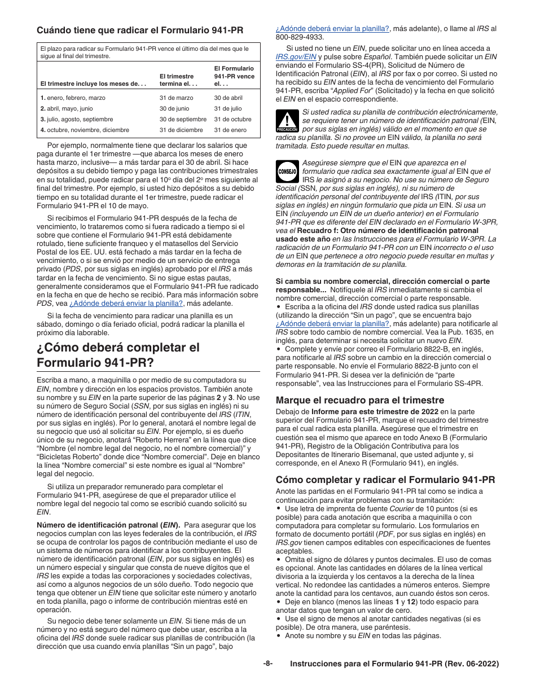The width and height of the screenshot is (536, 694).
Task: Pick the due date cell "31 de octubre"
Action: [x=232, y=119]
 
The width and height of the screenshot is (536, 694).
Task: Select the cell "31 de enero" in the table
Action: [x=230, y=130]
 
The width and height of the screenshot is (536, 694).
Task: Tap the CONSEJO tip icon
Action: [x=287, y=171]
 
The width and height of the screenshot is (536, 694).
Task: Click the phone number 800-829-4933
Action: [x=300, y=37]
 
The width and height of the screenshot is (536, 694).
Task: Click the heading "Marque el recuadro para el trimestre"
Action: [x=359, y=400]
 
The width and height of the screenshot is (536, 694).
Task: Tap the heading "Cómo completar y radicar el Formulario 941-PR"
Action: [x=385, y=480]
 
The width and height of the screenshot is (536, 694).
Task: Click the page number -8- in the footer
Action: [x=267, y=664]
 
